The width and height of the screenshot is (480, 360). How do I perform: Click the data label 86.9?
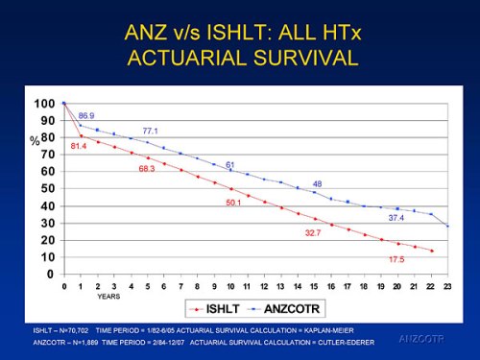click(x=85, y=115)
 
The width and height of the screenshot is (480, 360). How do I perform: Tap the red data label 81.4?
click(x=79, y=146)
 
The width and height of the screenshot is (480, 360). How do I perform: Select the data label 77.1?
click(x=150, y=131)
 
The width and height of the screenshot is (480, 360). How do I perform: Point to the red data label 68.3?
click(x=147, y=169)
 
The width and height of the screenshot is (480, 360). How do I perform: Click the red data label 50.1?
click(x=233, y=203)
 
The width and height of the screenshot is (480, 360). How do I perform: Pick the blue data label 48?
click(x=317, y=183)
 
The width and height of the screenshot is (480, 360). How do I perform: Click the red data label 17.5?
click(x=396, y=260)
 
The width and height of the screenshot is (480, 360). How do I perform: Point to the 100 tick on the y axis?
click(x=44, y=104)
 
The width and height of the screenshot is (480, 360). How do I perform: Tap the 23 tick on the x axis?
click(x=447, y=286)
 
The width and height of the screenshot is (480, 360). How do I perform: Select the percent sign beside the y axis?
click(x=35, y=140)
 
